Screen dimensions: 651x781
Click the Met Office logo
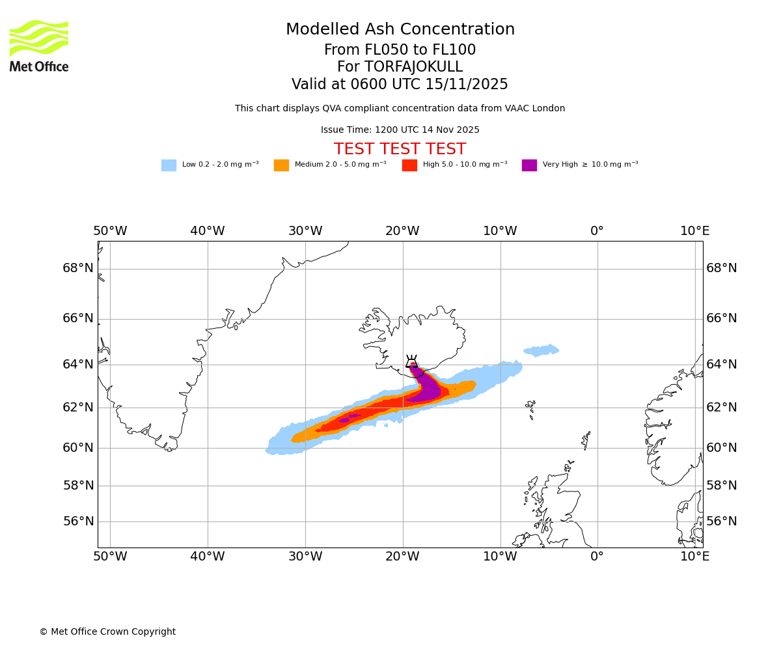pos(39,46)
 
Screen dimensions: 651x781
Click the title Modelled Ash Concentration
pos(400,30)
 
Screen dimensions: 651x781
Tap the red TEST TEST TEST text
pos(400,150)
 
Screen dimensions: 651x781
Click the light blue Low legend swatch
pos(169,165)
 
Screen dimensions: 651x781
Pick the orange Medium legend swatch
pos(281,165)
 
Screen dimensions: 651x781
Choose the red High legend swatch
pos(409,165)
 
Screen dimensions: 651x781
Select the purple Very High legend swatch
pos(529,165)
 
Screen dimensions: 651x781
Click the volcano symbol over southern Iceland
pos(411,362)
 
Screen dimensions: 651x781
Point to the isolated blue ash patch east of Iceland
pos(541,351)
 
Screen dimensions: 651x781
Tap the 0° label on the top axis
pos(597,231)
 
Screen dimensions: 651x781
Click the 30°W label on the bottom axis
pos(305,557)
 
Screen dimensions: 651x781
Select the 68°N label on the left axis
pos(78,268)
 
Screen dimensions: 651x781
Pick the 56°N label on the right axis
pos(722,521)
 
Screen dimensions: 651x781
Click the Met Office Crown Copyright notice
pos(107,632)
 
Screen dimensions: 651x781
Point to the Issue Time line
pos(400,130)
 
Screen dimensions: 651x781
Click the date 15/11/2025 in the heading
pos(467,85)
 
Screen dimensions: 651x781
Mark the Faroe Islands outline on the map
pos(530,408)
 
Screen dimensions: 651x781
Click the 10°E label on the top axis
pos(694,231)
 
